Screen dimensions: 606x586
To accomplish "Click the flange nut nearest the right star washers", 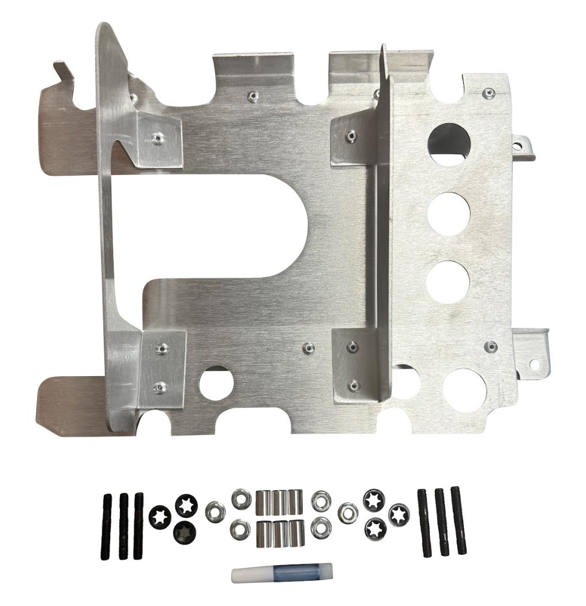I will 348,511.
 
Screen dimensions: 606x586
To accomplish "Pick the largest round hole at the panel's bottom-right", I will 467,388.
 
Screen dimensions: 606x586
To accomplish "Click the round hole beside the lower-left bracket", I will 216,381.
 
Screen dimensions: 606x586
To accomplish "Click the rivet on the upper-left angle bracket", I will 157,137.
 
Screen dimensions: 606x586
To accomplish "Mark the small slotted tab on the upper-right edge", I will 525,147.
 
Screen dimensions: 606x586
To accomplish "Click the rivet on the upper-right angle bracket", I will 351,136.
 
